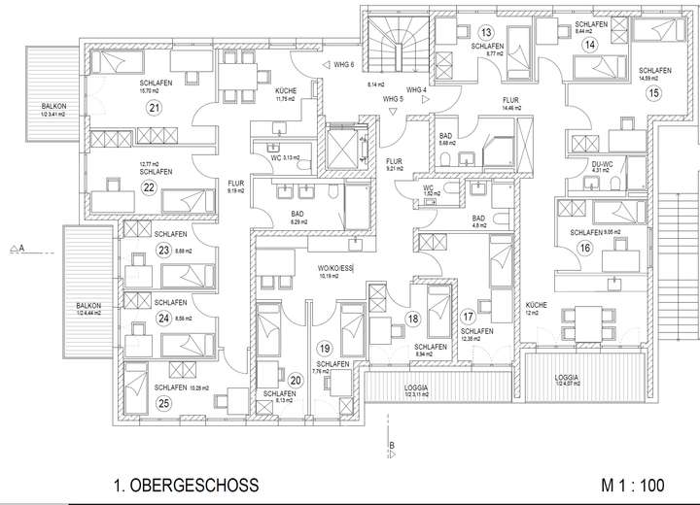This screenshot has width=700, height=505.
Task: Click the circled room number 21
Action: tap(153, 107)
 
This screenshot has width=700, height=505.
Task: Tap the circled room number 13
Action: tap(485, 31)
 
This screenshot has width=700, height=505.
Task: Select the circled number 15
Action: tap(652, 92)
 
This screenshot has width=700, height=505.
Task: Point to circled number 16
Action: tap(584, 249)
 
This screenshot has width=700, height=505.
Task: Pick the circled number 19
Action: tap(325, 348)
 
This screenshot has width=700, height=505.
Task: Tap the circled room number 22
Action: tap(149, 187)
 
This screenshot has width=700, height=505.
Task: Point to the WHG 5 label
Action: tap(393, 99)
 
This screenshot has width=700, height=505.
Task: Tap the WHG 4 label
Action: tap(417, 90)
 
